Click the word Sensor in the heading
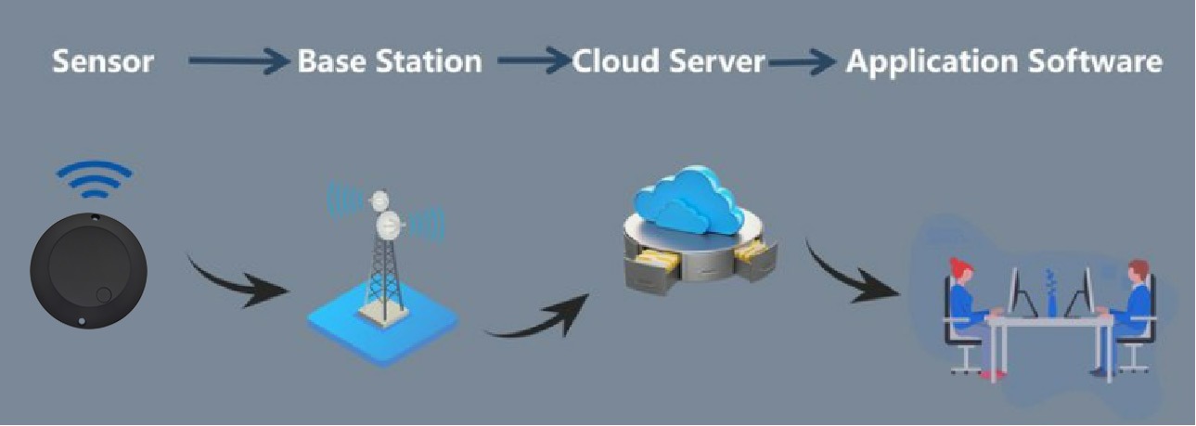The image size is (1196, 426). (x=102, y=62)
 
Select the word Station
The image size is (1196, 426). (x=431, y=62)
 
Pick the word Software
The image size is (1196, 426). (x=1106, y=62)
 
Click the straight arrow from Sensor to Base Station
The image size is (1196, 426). (x=238, y=62)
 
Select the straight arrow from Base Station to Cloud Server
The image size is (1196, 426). (x=534, y=62)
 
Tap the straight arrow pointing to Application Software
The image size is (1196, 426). (x=803, y=62)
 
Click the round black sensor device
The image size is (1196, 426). (x=87, y=268)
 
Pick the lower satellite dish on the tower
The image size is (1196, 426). (x=388, y=223)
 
